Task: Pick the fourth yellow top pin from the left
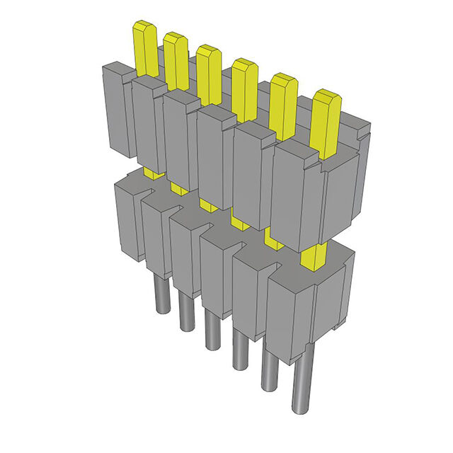click(244, 88)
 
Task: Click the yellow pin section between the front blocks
click(312, 256)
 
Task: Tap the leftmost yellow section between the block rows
click(151, 173)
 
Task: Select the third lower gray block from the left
click(185, 255)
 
